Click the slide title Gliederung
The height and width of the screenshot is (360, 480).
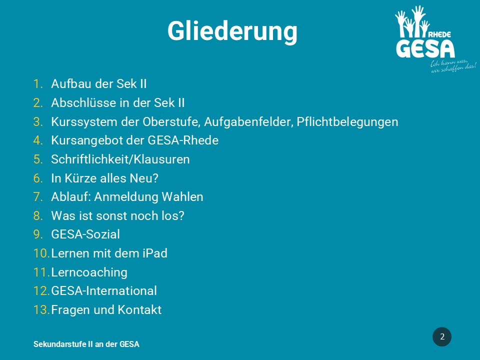(232, 31)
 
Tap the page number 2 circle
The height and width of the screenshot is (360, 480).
(441, 336)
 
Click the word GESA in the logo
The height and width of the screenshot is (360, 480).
(425, 48)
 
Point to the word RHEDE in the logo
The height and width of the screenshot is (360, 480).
(439, 34)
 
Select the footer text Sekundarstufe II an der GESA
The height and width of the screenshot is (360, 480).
(86, 344)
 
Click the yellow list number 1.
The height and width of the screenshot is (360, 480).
(38, 84)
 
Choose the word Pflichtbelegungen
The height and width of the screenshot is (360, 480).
(347, 122)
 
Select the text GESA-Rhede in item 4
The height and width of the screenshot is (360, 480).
(183, 140)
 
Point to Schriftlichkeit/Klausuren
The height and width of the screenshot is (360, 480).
(120, 159)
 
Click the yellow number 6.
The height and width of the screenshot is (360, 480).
(38, 178)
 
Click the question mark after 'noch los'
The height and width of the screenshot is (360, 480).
(181, 216)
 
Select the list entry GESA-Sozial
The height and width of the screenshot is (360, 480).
(85, 234)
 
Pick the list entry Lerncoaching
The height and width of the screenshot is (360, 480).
(89, 272)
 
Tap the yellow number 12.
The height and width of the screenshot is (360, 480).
(41, 291)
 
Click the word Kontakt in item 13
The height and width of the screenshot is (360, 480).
(139, 310)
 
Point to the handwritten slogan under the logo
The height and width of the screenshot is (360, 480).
(453, 66)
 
